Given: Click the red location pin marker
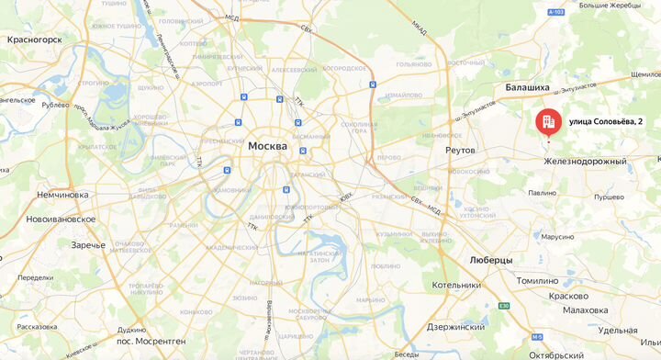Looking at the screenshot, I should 548,123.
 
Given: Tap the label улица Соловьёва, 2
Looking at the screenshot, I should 605,122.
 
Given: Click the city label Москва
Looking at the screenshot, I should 267,146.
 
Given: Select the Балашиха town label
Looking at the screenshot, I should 527,88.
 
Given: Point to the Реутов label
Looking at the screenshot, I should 460,150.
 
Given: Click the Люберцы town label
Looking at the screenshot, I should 490,260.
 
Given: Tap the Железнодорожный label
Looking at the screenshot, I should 585,162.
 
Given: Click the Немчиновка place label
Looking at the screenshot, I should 62,195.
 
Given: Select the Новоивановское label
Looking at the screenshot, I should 61,219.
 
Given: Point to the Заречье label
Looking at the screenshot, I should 88,245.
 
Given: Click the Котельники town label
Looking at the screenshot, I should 457,286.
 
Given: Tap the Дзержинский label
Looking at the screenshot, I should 456,327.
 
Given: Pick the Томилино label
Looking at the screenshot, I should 538,281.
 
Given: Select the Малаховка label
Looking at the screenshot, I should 585,310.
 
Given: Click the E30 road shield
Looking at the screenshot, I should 503,306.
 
